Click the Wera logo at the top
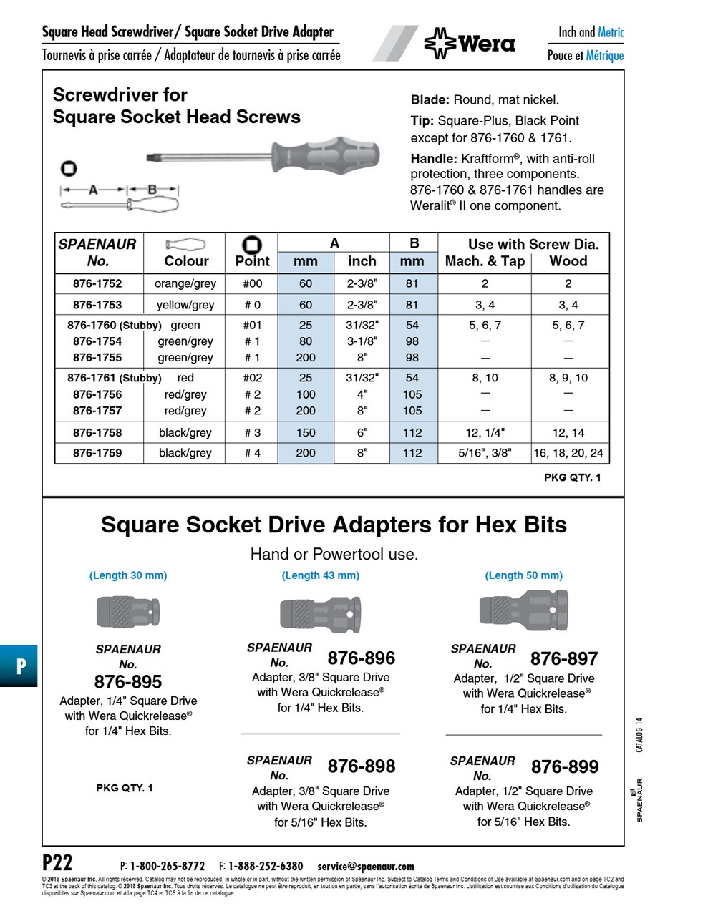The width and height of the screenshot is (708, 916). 470,44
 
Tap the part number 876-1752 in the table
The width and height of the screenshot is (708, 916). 97,283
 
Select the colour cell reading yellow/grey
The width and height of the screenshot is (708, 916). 185,305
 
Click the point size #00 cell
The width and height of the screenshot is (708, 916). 252,283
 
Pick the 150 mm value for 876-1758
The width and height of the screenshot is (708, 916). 306,433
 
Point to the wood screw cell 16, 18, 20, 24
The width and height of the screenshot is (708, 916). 568,453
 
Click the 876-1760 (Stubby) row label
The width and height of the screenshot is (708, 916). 114,326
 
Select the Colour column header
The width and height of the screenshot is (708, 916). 186,261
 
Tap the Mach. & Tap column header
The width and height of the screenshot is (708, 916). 485,262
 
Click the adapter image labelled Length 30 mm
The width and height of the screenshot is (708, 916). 128,611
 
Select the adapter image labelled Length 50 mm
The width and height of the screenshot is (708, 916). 523,611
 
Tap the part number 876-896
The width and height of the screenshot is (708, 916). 361,658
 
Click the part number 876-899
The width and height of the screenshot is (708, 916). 564,767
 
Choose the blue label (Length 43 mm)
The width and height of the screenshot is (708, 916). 320,575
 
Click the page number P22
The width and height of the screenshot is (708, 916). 57,862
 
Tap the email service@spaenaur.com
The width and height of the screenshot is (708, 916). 366,867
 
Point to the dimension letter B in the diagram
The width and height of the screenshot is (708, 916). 152,190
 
